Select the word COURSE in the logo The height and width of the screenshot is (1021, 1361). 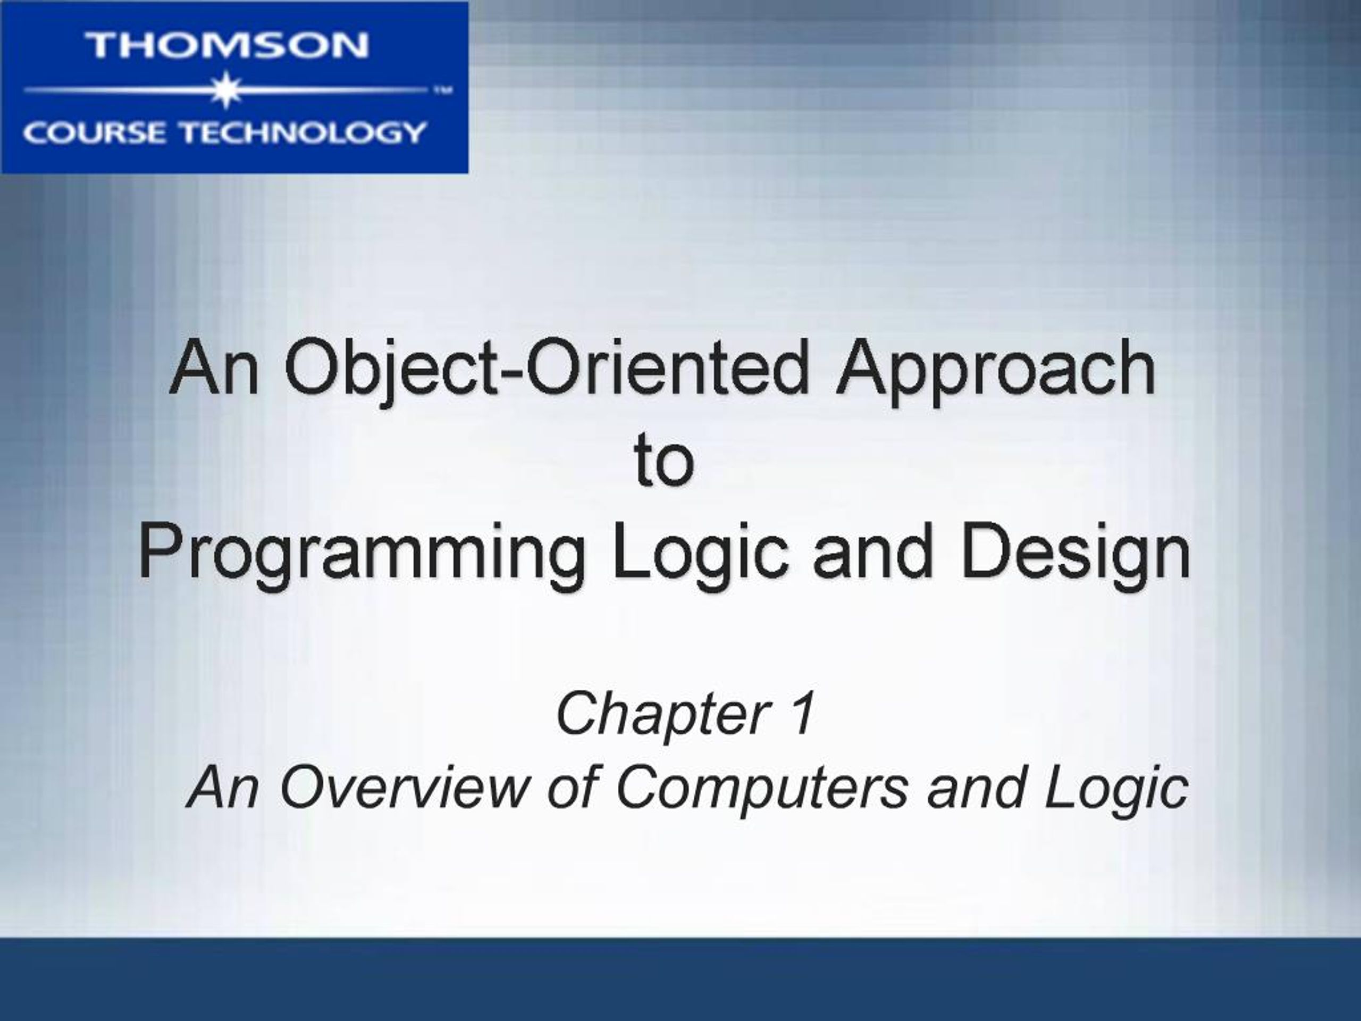94,132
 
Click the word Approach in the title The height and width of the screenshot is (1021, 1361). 995,373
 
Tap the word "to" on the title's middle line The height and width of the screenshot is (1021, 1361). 665,461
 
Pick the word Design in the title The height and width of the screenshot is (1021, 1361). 1077,555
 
